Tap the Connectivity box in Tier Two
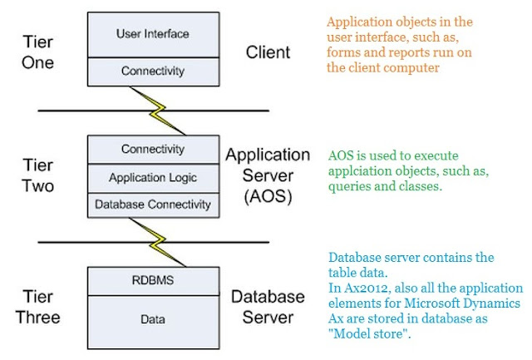point(153,150)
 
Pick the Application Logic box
point(153,177)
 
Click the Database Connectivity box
point(153,204)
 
